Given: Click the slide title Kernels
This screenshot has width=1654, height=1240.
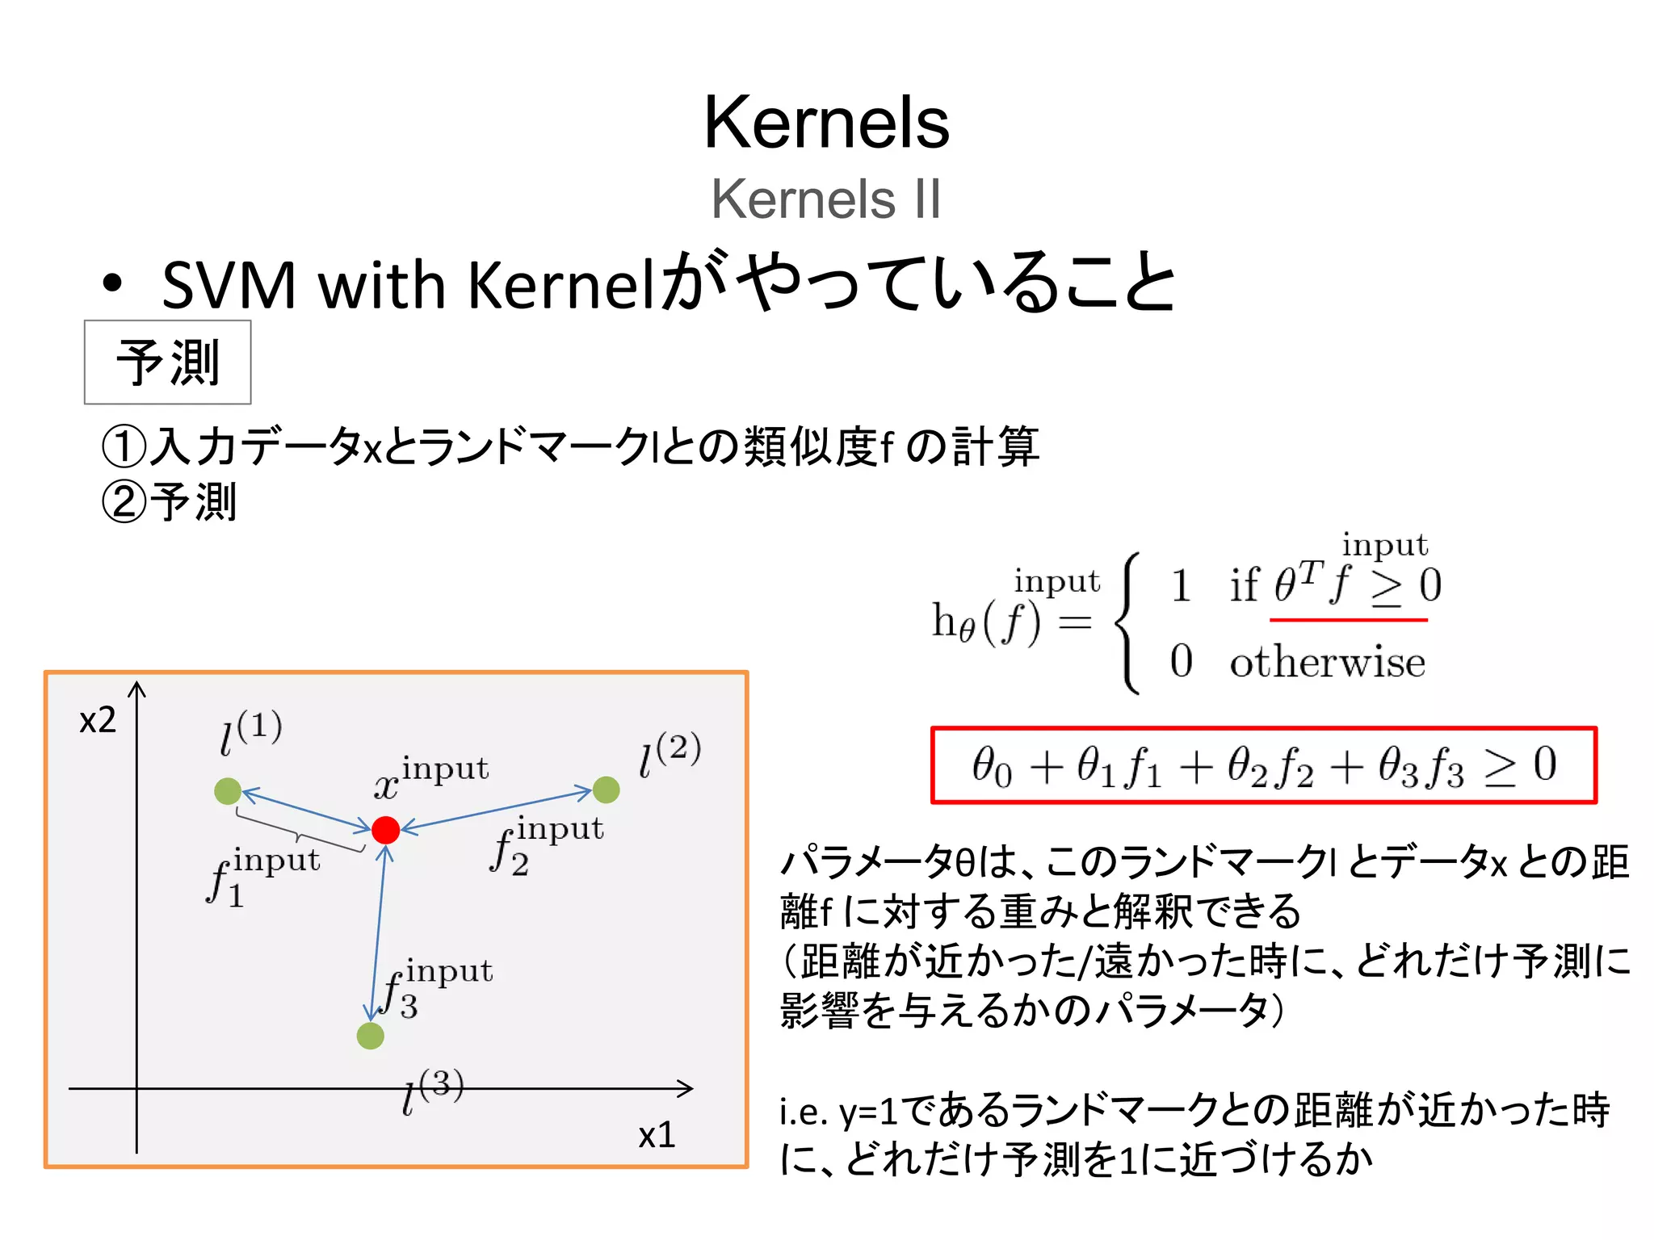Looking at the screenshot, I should (826, 123).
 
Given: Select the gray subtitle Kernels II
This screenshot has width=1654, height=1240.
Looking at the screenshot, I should (826, 199).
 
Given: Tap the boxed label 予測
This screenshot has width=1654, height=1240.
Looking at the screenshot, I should (168, 362).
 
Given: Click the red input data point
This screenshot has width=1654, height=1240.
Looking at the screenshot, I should (385, 829).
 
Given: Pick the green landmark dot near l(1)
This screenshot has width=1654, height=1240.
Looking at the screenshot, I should (228, 790).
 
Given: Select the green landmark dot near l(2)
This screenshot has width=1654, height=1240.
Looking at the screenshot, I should (606, 790).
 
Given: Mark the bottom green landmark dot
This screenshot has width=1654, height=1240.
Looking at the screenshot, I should (370, 1035).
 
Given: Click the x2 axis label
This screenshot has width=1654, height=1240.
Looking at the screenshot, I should (98, 719).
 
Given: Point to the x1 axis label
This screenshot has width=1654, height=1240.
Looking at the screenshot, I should (656, 1135).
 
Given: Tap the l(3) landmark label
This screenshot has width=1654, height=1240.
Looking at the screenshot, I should (433, 1091).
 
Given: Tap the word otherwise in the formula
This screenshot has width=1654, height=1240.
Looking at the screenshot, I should (1327, 663).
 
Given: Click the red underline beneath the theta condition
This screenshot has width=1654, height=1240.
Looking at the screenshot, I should (1348, 620).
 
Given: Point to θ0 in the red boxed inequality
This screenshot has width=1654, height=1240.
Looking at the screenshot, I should (991, 765).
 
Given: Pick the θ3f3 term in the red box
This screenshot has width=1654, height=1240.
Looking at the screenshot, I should (1421, 765).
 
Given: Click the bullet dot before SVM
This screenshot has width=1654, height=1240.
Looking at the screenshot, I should (112, 284).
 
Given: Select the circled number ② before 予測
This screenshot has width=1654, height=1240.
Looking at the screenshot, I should (124, 502).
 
